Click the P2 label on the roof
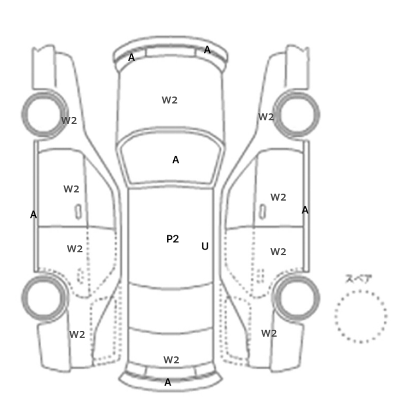[x=173, y=239]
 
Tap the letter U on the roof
[x=205, y=246]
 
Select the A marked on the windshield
[x=176, y=160]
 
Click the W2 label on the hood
[x=170, y=100]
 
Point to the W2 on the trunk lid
[x=172, y=360]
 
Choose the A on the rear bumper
[x=168, y=382]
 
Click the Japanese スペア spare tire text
[x=359, y=279]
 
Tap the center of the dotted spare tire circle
[x=361, y=316]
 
